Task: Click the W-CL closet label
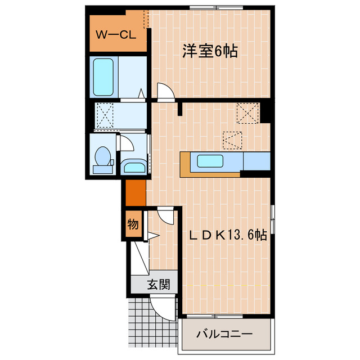(114, 34)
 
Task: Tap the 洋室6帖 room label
(209, 52)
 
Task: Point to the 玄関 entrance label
(159, 284)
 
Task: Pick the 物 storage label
(133, 224)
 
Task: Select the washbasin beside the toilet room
(133, 166)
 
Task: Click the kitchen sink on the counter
(211, 162)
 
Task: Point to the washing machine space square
(105, 115)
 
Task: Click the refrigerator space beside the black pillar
(247, 112)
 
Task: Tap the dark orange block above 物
(135, 192)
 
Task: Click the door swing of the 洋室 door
(165, 91)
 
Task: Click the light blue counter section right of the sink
(256, 162)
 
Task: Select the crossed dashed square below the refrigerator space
(232, 138)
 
